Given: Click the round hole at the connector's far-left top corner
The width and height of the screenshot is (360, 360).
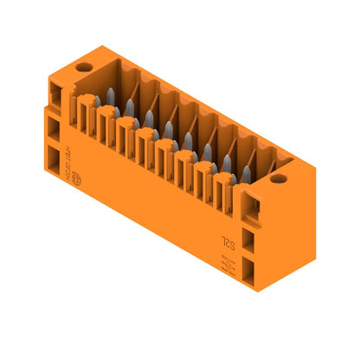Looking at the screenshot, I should (83, 67).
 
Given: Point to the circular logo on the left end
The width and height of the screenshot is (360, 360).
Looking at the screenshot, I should (75, 179).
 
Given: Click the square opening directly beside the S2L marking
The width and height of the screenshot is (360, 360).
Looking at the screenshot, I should (250, 239).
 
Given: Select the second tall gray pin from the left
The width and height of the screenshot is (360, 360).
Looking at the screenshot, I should (129, 107).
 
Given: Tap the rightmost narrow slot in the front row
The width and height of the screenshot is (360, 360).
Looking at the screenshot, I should (227, 184).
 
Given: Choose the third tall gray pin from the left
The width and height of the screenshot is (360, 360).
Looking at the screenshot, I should (149, 117).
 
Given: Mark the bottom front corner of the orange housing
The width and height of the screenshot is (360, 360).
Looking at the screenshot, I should (257, 291).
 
